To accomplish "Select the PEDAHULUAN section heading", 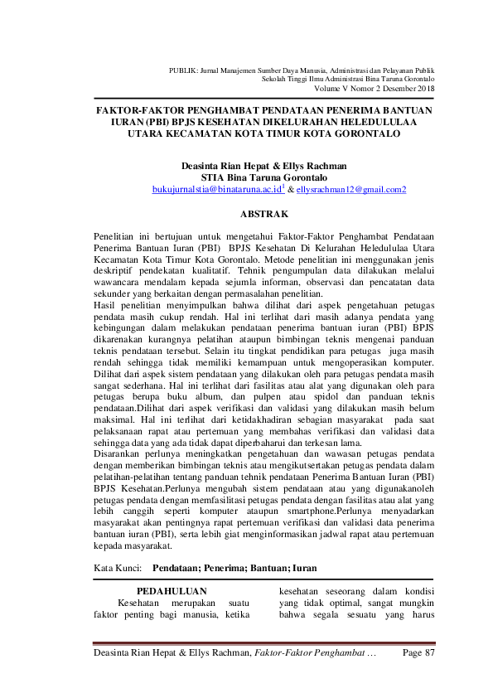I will pyautogui.click(x=171, y=590).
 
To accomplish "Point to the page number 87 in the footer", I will pyautogui.click(x=429, y=654).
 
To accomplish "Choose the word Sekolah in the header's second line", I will pyautogui.click(x=273, y=80).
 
